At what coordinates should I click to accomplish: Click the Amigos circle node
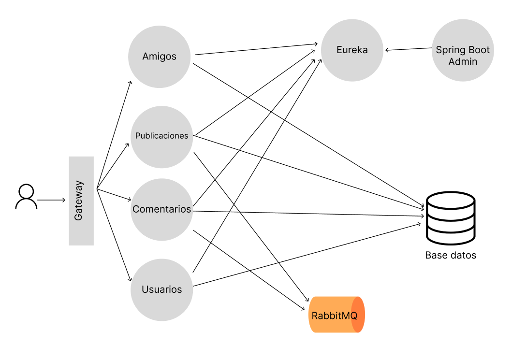(x=160, y=57)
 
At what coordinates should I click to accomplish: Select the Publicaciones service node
(x=161, y=137)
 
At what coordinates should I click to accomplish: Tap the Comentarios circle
(x=161, y=210)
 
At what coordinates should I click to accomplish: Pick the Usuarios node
(x=161, y=289)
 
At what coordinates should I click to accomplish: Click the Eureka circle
(x=352, y=50)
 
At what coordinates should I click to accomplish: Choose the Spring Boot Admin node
(x=463, y=50)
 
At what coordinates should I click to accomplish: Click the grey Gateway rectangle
(x=81, y=201)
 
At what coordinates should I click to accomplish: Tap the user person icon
(x=26, y=196)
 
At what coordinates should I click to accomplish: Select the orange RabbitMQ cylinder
(x=336, y=315)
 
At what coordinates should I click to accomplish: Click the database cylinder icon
(x=451, y=218)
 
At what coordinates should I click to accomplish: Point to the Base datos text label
(x=451, y=256)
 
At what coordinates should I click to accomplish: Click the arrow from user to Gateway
(x=51, y=200)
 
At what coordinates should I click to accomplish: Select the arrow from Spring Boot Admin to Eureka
(x=409, y=49)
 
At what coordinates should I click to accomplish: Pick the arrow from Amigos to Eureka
(x=256, y=49)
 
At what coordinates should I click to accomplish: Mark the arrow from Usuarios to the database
(x=307, y=255)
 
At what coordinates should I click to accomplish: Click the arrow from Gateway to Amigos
(x=114, y=135)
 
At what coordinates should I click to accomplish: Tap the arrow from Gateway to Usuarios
(x=114, y=235)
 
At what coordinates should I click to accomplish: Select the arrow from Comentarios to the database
(x=308, y=214)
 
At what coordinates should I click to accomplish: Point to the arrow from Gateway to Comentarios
(x=114, y=195)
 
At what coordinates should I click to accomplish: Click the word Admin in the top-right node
(x=463, y=62)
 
